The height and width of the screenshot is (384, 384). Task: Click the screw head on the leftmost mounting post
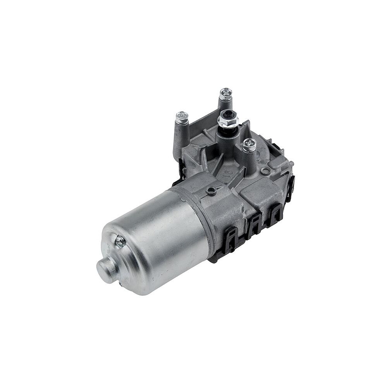[x=182, y=116]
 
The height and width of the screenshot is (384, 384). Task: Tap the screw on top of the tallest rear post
[x=225, y=93]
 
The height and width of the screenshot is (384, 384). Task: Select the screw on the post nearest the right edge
[x=249, y=145]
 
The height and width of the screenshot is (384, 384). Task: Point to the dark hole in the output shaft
[x=228, y=115]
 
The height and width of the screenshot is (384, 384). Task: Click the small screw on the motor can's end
[x=121, y=241]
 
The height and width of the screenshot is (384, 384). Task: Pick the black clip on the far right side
[x=290, y=188]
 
